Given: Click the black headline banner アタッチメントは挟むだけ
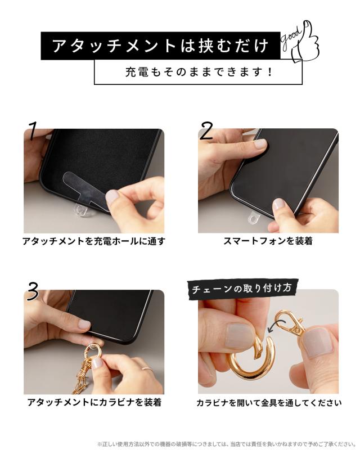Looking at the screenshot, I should click(160, 46).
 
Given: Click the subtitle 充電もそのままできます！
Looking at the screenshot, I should click(198, 72).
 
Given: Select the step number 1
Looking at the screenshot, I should click(33, 131).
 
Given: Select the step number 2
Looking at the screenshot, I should click(206, 131).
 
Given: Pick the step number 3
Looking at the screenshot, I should click(33, 292).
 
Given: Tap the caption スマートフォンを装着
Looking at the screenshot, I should click(268, 241).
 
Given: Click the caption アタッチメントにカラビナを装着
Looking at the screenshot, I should click(94, 402).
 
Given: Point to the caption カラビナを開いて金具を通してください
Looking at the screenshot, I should click(268, 403).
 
